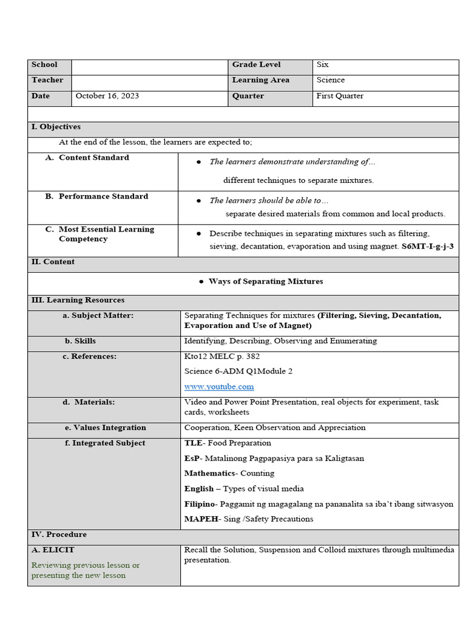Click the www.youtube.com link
click(x=219, y=386)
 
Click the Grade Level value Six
click(x=323, y=64)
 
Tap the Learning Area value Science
click(x=331, y=80)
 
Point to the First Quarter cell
click(x=340, y=96)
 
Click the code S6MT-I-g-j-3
click(x=427, y=247)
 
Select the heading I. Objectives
click(x=56, y=127)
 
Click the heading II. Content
click(x=53, y=262)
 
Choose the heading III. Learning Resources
click(x=78, y=300)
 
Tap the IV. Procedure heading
click(x=59, y=535)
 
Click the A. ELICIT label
click(x=53, y=550)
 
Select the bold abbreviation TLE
click(x=193, y=443)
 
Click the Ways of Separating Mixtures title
click(x=266, y=281)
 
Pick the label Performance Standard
click(x=103, y=196)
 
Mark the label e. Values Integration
click(x=106, y=428)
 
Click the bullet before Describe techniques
click(x=199, y=233)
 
